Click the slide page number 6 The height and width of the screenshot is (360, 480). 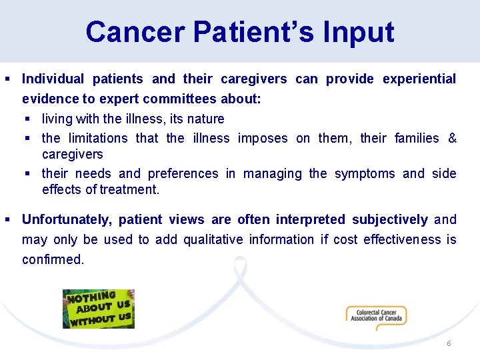click(449, 343)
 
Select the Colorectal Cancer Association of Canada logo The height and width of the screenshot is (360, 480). click(376, 315)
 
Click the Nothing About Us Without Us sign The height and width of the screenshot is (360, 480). click(99, 309)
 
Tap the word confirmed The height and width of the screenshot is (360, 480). click(53, 259)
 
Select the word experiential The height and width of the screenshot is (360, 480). click(419, 79)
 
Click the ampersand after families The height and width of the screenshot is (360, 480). click(452, 138)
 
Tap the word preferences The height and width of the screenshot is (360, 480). click(183, 173)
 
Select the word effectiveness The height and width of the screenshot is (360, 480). click(402, 239)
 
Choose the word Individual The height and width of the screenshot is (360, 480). click(53, 79)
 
